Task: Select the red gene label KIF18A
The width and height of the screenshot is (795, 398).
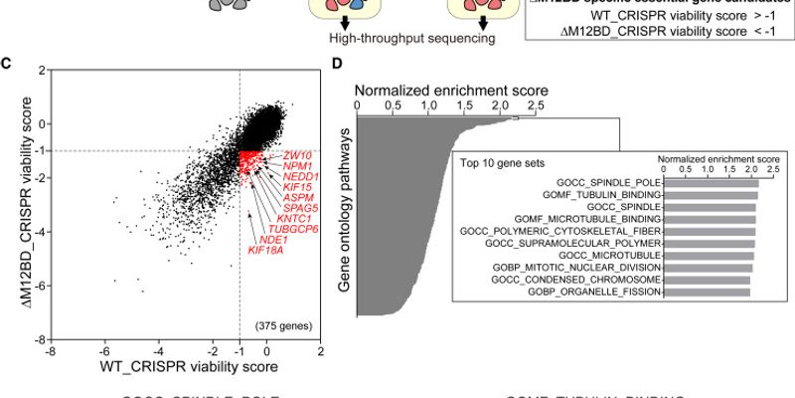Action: pos(265,249)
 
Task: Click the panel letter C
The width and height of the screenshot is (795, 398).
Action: pos(7,64)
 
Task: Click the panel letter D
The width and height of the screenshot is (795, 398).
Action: pos(337,64)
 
